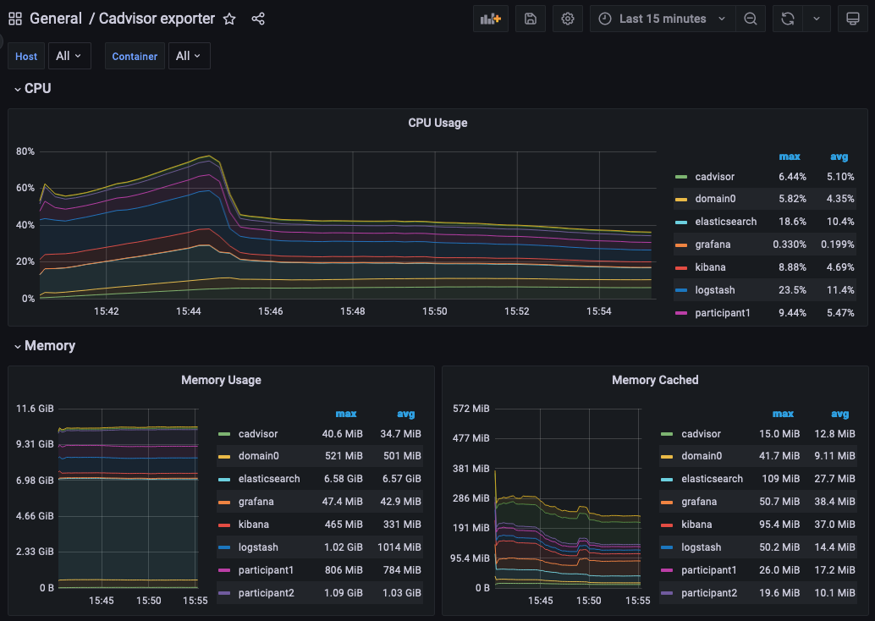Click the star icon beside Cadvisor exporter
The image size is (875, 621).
[229, 19]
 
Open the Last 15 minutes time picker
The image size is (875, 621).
[662, 19]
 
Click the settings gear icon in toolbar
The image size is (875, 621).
[568, 19]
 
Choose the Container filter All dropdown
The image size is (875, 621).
[189, 56]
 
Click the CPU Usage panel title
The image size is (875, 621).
[437, 123]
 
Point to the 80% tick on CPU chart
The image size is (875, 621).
[25, 151]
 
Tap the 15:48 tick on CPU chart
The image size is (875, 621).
[353, 311]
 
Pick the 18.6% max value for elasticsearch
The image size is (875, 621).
[792, 222]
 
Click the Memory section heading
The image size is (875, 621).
[50, 345]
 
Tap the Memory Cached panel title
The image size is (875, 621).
[655, 380]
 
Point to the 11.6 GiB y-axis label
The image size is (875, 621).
[35, 409]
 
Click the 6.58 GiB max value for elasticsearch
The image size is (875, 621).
[344, 479]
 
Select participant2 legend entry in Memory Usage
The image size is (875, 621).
[266, 593]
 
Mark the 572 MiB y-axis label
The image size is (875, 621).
[471, 409]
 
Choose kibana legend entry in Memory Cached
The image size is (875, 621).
[696, 525]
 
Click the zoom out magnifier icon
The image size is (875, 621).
[750, 19]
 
